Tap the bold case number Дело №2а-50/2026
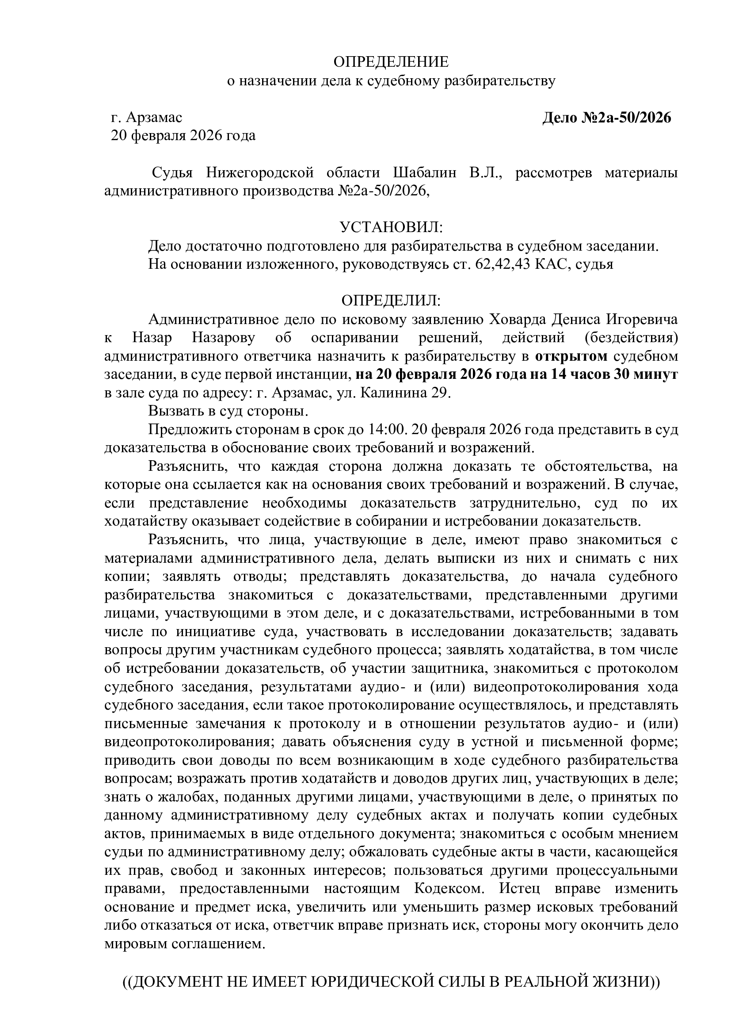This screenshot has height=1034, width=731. (x=606, y=118)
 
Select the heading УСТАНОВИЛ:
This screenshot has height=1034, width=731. (x=391, y=227)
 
